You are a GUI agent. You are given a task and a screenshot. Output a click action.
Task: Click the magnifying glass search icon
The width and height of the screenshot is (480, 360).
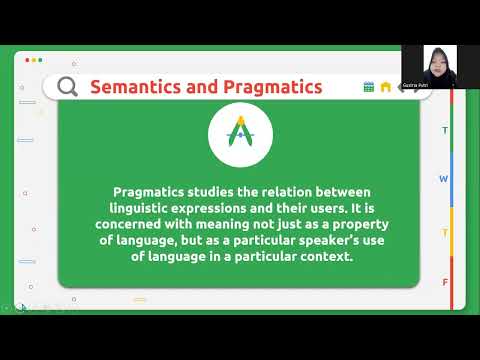pos(67,86)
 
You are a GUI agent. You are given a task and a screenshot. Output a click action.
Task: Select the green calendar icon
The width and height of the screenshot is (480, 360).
pos(369,87)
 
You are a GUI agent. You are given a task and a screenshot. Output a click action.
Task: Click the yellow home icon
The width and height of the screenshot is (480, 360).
pos(385,87)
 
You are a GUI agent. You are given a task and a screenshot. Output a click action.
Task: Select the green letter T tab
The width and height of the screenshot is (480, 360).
pos(445,131)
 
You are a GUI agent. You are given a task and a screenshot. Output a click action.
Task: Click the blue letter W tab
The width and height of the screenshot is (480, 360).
pos(444,179)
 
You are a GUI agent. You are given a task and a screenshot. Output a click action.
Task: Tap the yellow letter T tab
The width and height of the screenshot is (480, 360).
pos(445,232)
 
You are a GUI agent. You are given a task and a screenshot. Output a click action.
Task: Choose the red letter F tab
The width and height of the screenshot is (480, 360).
pos(445,282)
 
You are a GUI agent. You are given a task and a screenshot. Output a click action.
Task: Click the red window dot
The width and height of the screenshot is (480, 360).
pos(27,60)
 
